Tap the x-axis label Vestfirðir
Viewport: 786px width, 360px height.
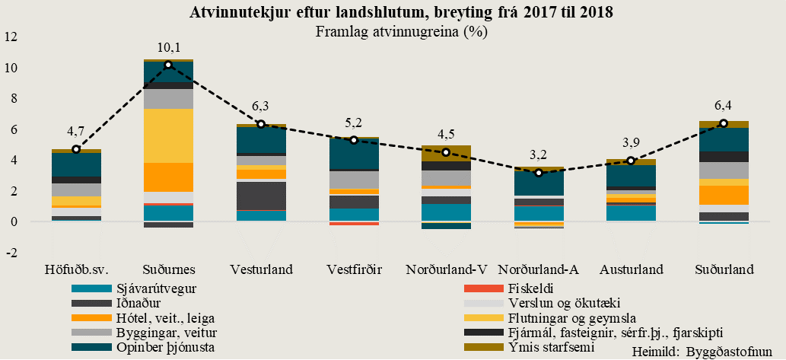(x=353, y=269)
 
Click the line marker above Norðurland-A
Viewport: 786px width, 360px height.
(x=538, y=173)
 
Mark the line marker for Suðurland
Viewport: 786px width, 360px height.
(x=724, y=123)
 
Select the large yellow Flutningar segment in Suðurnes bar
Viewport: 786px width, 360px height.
(x=168, y=135)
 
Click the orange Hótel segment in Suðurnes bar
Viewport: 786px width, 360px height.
(x=168, y=177)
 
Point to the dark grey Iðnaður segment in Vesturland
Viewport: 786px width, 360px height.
(x=261, y=195)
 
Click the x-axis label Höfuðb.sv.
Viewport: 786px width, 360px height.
(x=76, y=269)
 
